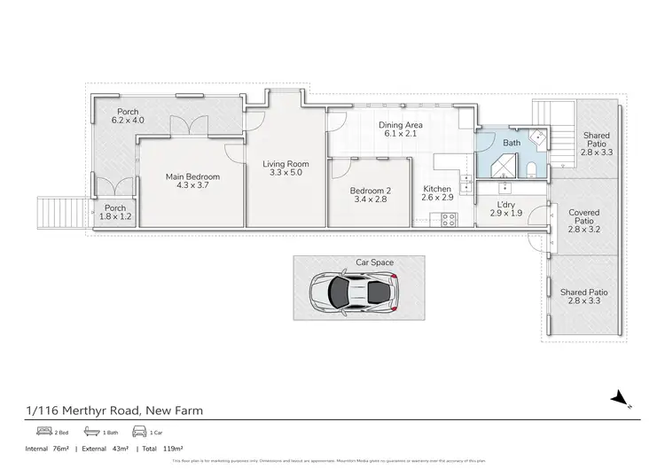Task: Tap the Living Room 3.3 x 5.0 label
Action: pos(286,168)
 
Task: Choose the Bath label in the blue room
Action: pos(512,143)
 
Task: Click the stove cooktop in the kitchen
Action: pos(449,219)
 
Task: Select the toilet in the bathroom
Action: pos(528,170)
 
